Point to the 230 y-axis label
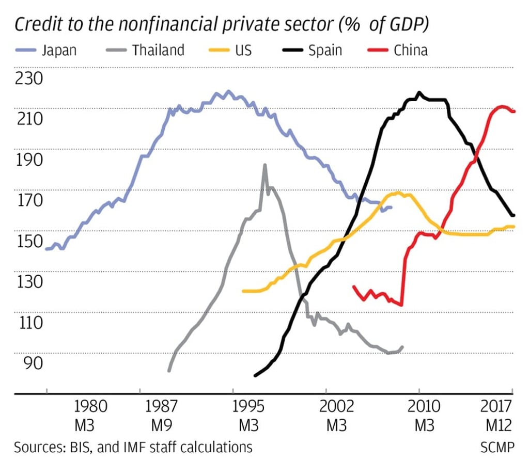point(30,79)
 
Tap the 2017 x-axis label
point(495,406)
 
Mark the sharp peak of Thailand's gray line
point(264,165)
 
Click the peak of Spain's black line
point(419,93)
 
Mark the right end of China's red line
point(514,111)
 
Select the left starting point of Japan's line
point(46,249)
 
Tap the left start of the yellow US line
point(243,291)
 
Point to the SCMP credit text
point(498,447)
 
